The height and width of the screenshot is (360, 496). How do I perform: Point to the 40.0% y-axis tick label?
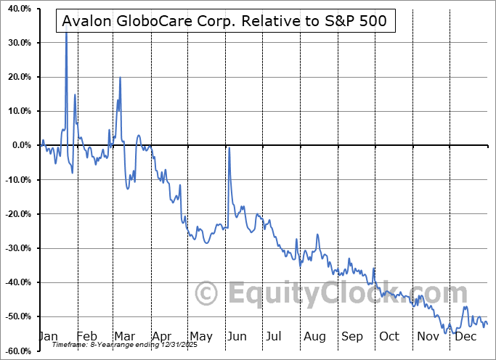[x=16, y=9]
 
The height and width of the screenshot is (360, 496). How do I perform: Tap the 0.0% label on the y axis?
[x=18, y=145]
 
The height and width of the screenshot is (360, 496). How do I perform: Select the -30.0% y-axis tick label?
[x=15, y=248]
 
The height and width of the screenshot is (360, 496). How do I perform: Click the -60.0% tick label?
[x=15, y=351]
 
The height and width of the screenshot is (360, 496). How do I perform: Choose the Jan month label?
[x=47, y=337]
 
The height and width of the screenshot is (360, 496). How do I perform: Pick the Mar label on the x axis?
[x=123, y=337]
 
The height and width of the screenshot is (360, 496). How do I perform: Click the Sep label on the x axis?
[x=352, y=337]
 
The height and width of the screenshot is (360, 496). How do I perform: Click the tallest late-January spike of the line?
[x=66, y=33]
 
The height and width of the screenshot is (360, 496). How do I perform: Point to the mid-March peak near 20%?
[x=120, y=78]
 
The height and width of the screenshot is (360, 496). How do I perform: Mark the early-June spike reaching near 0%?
[x=229, y=148]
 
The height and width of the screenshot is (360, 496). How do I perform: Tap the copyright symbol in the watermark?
[x=208, y=294]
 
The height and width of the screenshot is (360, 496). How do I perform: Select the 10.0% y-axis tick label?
[x=17, y=111]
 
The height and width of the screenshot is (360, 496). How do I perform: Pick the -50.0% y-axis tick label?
[x=15, y=316]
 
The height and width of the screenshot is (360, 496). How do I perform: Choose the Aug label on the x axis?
[x=314, y=337]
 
